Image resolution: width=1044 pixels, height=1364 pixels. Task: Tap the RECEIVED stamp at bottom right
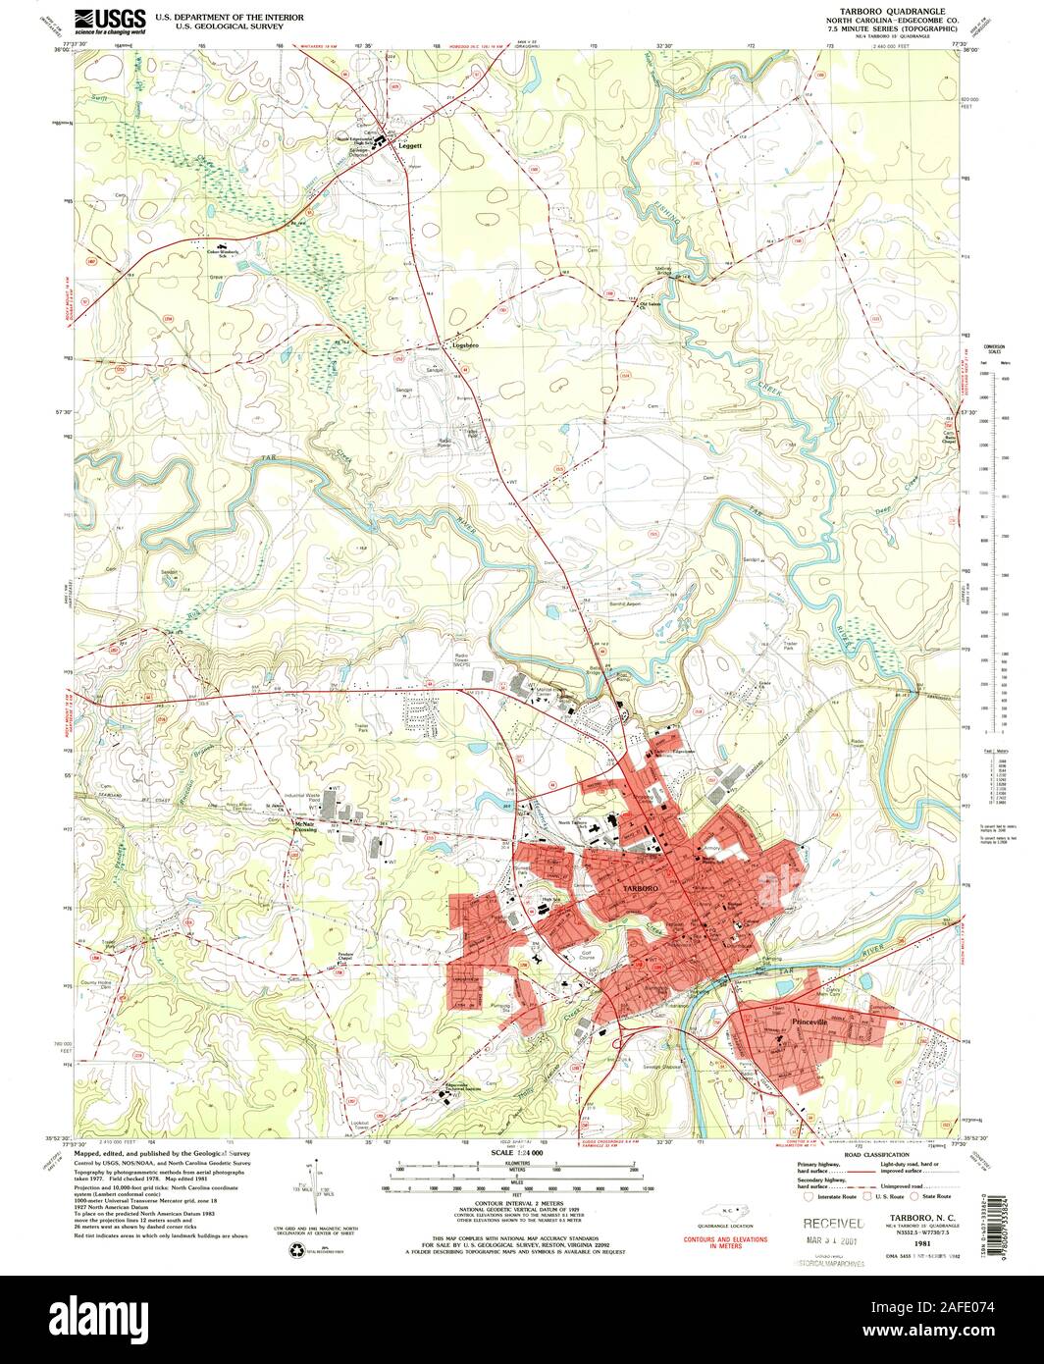point(833,1224)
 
